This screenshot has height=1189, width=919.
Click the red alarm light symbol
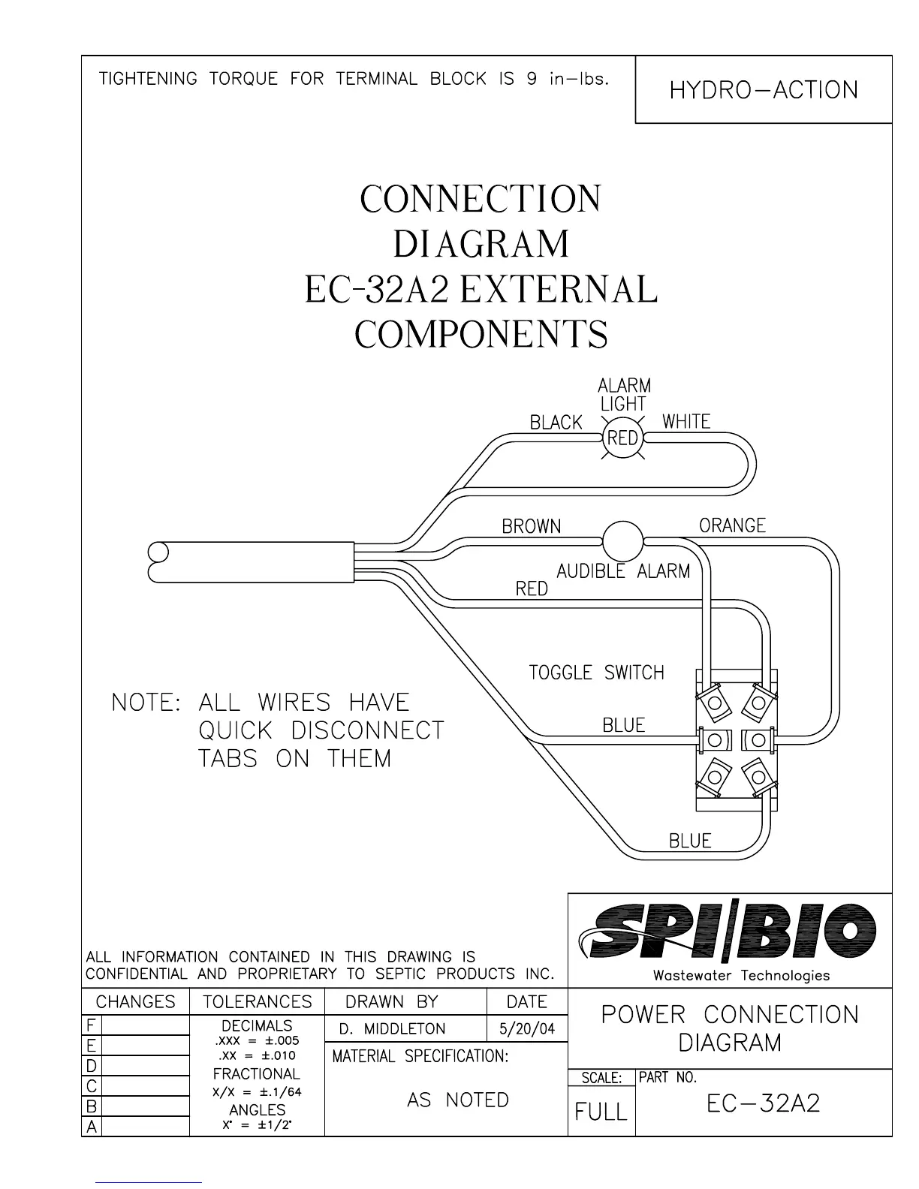622,438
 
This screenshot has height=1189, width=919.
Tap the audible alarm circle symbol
623,540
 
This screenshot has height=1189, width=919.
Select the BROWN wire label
531,526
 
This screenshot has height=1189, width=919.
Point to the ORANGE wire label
732,525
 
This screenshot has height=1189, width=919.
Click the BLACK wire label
556,423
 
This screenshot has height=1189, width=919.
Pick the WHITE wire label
685,422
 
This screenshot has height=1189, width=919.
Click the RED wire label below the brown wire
532,590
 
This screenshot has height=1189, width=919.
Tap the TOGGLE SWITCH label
596,673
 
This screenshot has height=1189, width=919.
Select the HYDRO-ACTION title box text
764,90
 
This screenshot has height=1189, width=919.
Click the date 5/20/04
527,1028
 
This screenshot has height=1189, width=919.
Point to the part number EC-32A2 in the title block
764,1103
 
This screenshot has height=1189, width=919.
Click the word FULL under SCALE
601,1112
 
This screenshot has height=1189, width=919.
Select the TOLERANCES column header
257,1002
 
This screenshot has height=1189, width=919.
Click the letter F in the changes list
91,1025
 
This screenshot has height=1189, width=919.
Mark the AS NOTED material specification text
457,1100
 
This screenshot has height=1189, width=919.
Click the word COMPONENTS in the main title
481,335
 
